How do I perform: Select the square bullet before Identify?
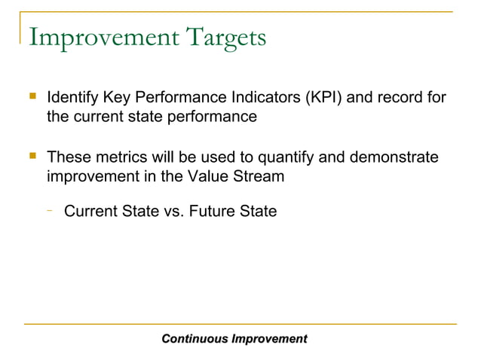coord(32,97)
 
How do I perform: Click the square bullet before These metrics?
coord(32,157)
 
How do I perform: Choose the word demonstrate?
coord(393,158)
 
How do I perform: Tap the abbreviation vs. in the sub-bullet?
coord(174,212)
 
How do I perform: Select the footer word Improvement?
coord(269,339)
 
